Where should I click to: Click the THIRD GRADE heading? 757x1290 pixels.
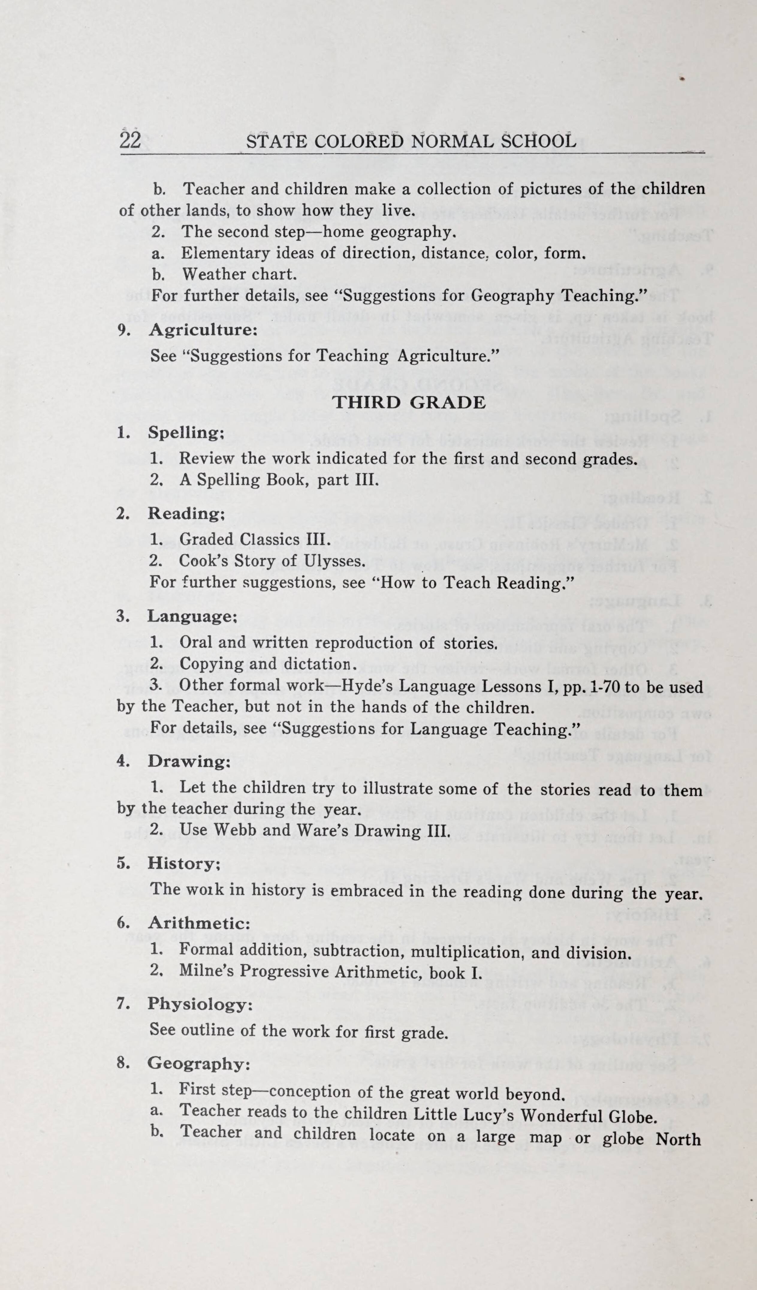pos(409,402)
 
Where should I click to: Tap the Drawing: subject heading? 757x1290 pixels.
pos(189,761)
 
